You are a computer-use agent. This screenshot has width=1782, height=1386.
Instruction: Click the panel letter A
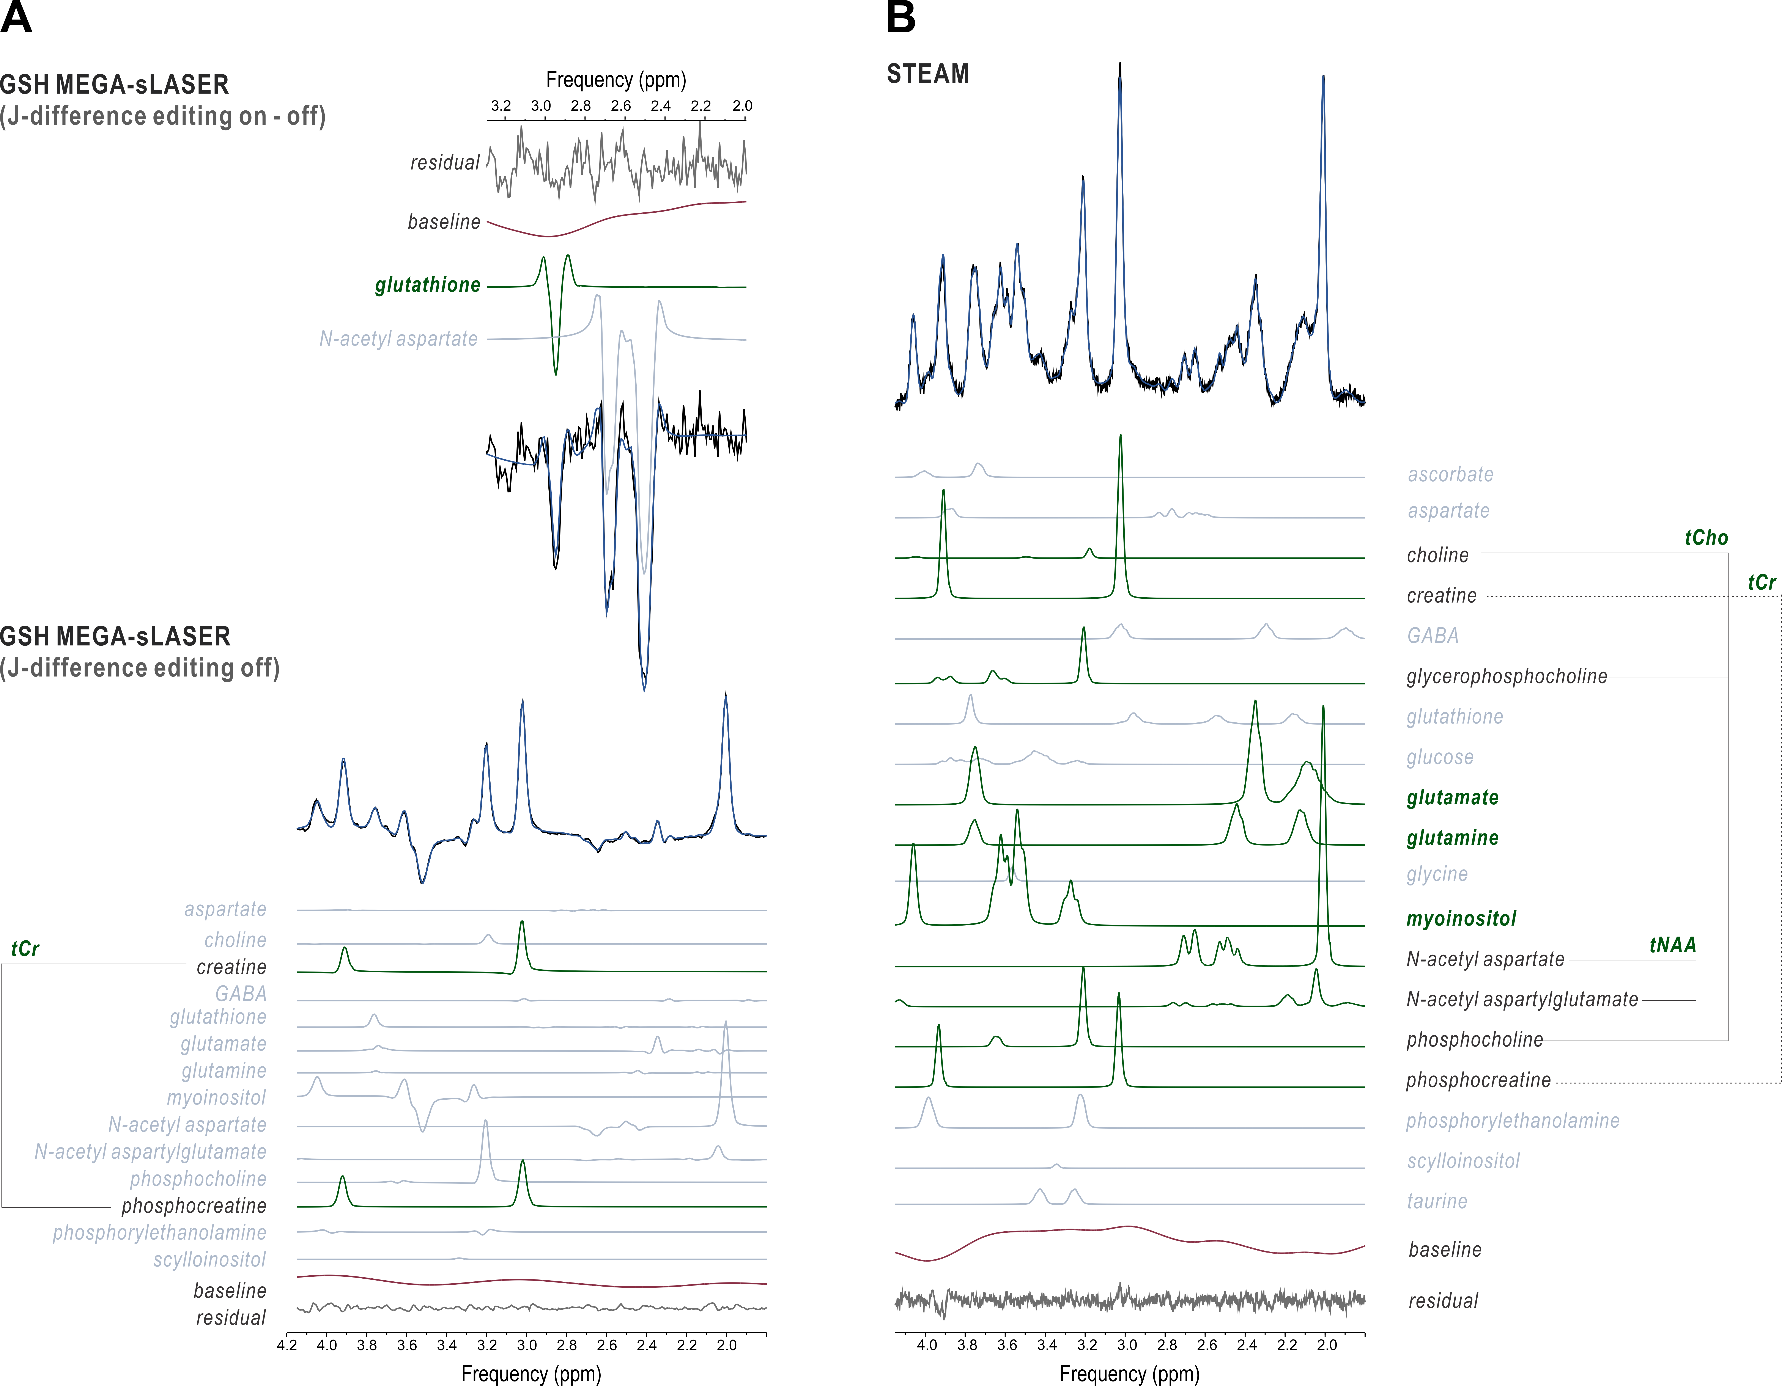[16, 18]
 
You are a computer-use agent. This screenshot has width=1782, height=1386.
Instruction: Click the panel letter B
[901, 18]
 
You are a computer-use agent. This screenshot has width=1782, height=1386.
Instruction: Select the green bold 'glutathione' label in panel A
[428, 285]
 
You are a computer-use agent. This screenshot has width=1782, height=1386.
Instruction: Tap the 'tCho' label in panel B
[1706, 538]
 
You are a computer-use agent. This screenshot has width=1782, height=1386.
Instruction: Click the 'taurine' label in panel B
[1437, 1201]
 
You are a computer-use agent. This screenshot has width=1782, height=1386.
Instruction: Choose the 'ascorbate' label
[1450, 474]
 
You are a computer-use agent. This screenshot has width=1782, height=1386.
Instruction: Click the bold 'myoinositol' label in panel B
[1461, 918]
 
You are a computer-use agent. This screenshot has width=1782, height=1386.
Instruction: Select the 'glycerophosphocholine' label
[1506, 676]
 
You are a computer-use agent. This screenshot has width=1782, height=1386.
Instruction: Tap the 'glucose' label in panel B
[1439, 757]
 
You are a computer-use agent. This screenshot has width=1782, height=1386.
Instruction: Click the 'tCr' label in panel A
[25, 949]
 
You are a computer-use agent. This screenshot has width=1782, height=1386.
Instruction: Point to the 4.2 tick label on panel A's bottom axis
[287, 1345]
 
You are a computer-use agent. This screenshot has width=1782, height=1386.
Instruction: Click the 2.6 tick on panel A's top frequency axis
[621, 106]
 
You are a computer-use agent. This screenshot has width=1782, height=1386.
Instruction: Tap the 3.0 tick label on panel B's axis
[1127, 1345]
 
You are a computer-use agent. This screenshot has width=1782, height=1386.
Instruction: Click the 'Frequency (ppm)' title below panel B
[1129, 1374]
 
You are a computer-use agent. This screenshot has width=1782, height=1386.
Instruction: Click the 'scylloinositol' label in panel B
[1463, 1161]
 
